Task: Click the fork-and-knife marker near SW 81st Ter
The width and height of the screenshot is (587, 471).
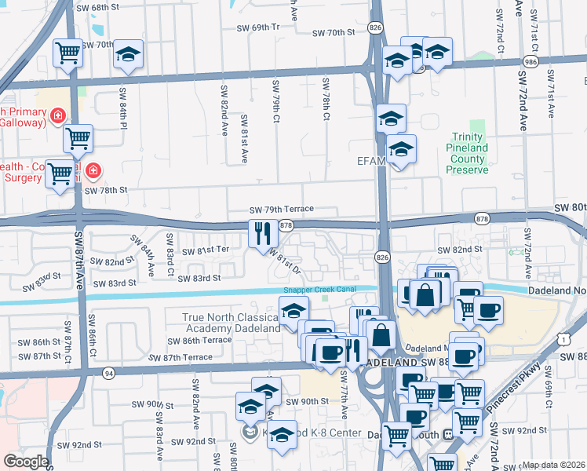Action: click(x=261, y=233)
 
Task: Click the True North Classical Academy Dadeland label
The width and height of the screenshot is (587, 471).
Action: click(x=231, y=323)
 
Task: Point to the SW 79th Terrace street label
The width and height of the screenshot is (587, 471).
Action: click(x=281, y=210)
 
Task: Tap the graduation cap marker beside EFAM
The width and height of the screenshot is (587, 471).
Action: click(x=401, y=148)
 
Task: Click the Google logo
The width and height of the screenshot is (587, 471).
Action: click(x=26, y=461)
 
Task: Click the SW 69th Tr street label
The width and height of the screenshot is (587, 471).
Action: click(x=258, y=27)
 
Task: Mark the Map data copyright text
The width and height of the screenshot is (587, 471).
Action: click(x=554, y=465)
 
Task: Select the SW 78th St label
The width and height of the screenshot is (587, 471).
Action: click(x=105, y=190)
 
